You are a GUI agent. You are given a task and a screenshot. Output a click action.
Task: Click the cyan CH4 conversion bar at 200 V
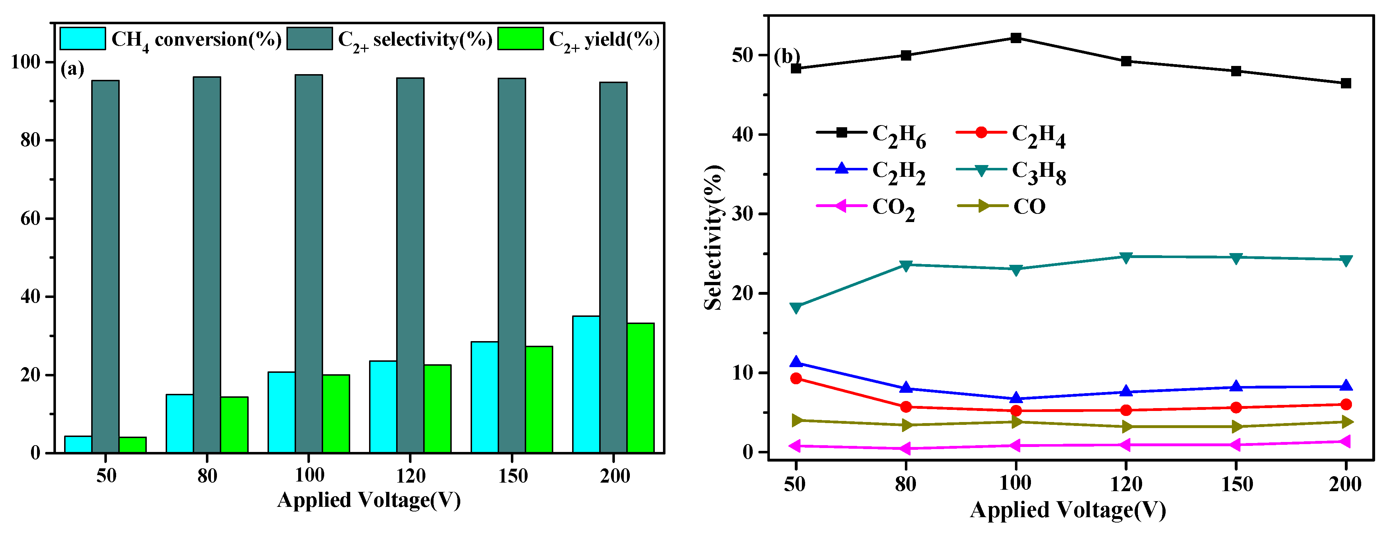pyautogui.click(x=586, y=384)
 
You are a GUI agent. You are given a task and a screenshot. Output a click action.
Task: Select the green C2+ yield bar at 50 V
pyautogui.click(x=132, y=444)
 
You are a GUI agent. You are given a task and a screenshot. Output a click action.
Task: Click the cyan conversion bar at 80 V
pyautogui.click(x=180, y=423)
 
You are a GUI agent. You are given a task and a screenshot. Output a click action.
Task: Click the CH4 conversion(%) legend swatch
pyautogui.click(x=83, y=39)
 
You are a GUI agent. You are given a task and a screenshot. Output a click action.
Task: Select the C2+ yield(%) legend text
pyautogui.click(x=604, y=39)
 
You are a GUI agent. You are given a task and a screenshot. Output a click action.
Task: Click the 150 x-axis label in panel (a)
pyautogui.click(x=512, y=476)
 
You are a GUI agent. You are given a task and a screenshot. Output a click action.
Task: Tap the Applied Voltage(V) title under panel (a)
pyautogui.click(x=369, y=500)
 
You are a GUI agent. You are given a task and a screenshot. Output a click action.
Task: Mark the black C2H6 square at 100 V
pyautogui.click(x=1016, y=38)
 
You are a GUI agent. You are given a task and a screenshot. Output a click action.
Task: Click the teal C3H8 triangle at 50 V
pyautogui.click(x=796, y=307)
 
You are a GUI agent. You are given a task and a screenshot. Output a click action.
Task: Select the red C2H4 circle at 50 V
pyautogui.click(x=796, y=378)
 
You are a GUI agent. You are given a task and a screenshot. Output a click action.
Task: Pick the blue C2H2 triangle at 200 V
pyautogui.click(x=1346, y=386)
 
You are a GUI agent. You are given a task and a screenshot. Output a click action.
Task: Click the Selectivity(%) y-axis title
pyautogui.click(x=713, y=237)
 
